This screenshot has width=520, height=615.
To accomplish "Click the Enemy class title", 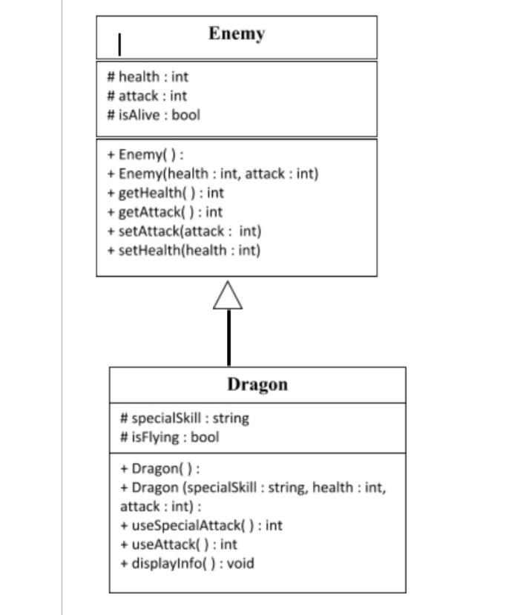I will pos(236,34).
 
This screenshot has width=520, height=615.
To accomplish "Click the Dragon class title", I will pos(257,384).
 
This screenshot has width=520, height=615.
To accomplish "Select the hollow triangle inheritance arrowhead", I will pos(228,295).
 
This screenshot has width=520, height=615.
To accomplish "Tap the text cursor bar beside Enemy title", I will pos(120,45).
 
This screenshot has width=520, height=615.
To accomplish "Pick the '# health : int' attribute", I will pos(148,76).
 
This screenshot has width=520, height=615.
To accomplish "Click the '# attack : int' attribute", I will pos(147,96).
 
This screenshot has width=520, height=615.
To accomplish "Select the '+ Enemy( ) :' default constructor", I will pos(145,154).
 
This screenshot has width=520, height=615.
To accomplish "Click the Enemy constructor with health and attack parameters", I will pos(212,174).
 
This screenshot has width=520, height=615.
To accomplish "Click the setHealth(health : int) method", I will pos(183,250).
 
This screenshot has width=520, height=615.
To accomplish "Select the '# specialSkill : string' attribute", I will pos(185,418).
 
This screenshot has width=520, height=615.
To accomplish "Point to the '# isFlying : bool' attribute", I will pos(170,437).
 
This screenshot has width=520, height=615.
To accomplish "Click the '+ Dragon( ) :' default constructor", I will pos(160,469).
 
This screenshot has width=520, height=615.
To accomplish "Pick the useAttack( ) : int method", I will pos(179,545).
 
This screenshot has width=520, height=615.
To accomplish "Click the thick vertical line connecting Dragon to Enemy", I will pos(228,338).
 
